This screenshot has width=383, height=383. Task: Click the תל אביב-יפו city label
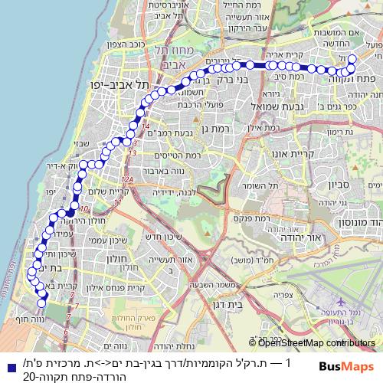(116, 84)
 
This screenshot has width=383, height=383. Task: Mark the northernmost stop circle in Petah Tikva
(352, 59)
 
